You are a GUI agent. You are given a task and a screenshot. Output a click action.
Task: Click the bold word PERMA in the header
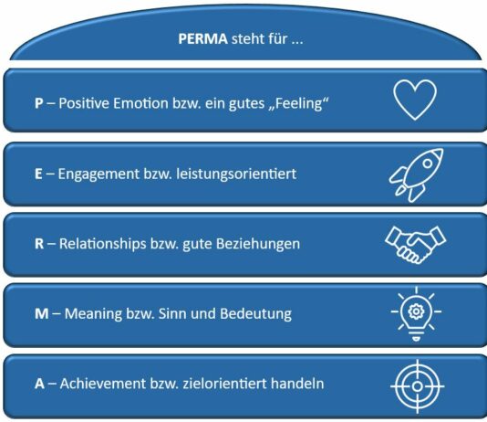coord(202,39)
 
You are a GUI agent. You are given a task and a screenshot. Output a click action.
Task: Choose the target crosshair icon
coord(418,386)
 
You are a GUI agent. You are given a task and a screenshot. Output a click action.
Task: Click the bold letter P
coord(39,103)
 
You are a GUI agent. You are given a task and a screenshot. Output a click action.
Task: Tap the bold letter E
coord(38,174)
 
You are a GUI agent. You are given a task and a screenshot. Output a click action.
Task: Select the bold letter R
coord(39,244)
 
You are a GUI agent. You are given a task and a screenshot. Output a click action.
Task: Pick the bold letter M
coord(42,314)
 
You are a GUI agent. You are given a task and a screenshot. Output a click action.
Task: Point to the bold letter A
coord(39,384)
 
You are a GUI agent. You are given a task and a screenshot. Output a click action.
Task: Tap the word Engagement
coord(98,174)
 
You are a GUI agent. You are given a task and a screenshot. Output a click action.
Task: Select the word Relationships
coord(102,244)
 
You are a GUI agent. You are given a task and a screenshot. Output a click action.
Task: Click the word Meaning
coord(93,314)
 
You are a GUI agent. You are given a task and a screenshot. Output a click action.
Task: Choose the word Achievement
coord(103,384)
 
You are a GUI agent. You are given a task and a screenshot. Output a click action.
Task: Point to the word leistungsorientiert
coord(236,174)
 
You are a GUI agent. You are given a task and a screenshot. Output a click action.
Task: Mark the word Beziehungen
coord(258,244)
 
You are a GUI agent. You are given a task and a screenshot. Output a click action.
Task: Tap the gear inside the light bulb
coord(416,311)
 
